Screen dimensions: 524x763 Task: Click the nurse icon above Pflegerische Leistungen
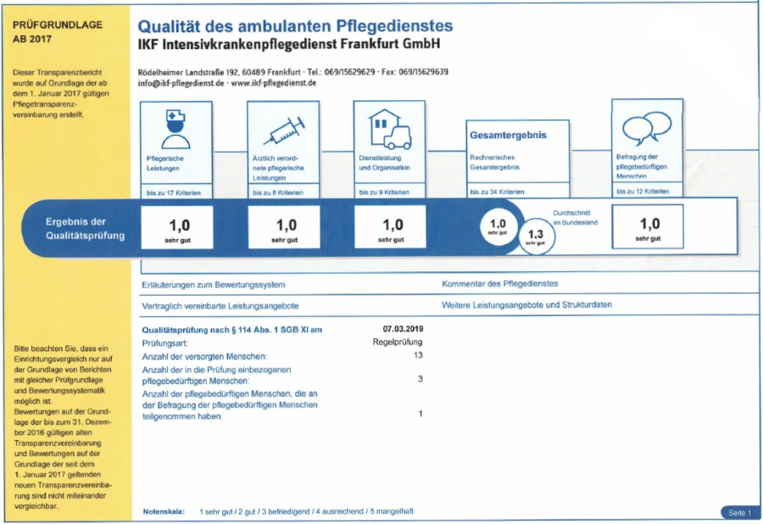coord(175,129)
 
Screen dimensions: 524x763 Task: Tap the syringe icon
coord(282,131)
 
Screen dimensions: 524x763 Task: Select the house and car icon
coord(388,129)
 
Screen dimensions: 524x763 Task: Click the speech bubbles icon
coord(647,128)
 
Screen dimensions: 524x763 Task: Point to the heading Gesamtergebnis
coord(508,135)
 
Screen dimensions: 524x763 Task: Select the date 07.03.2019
coord(403,328)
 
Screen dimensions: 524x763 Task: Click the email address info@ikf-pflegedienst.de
coord(181,83)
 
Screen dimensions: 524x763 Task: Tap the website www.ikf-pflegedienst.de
coord(273,83)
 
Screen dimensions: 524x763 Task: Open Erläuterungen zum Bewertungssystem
coord(214,284)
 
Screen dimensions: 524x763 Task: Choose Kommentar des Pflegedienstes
coord(500,284)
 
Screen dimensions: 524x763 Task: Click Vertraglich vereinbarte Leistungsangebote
coord(220,305)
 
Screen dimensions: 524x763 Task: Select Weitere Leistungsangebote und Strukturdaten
coord(526,304)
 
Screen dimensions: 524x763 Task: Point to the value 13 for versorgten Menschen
coord(417,355)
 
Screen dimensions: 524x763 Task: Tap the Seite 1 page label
coord(738,513)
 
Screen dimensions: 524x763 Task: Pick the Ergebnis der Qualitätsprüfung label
coord(85,229)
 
